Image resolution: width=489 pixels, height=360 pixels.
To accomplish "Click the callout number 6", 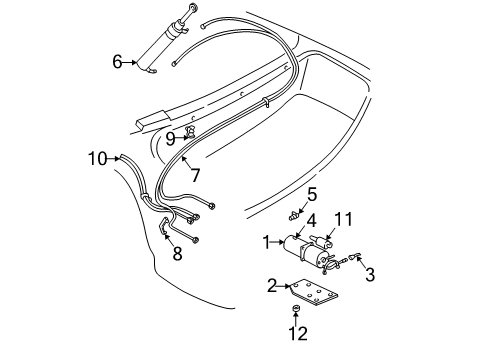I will pyautogui.click(x=117, y=62).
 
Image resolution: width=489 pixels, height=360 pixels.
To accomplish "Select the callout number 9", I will pyautogui.click(x=170, y=139).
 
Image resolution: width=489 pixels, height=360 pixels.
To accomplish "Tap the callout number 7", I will pyautogui.click(x=195, y=175).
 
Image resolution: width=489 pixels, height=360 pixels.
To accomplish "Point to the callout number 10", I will pyautogui.click(x=97, y=157).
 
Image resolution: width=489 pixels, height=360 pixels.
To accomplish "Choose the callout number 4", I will pyautogui.click(x=311, y=221).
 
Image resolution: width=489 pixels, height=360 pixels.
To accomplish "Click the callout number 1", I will pyautogui.click(x=266, y=241).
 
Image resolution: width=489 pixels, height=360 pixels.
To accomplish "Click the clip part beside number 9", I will pyautogui.click(x=188, y=130).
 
